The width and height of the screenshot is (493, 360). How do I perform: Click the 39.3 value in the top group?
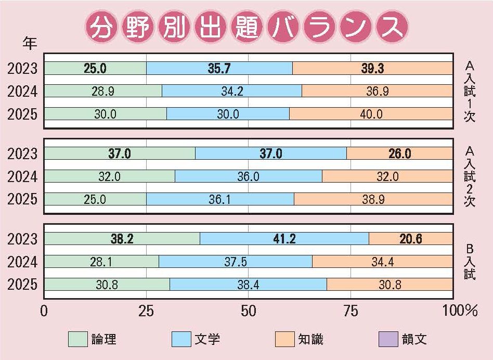(372, 69)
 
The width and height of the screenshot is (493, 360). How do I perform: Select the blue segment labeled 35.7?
(219, 69)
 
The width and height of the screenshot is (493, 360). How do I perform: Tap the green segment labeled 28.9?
(103, 91)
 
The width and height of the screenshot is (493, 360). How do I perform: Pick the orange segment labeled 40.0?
(371, 114)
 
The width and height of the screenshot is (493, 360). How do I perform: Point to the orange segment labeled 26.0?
(399, 153)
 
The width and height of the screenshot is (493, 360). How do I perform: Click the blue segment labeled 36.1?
(220, 199)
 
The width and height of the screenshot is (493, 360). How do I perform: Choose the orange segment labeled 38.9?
(373, 199)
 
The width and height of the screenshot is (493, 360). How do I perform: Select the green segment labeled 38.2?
(122, 239)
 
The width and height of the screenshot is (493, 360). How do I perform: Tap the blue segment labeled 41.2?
(284, 239)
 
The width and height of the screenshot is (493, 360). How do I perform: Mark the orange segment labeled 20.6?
(410, 239)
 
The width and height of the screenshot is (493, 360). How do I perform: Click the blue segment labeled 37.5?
(236, 262)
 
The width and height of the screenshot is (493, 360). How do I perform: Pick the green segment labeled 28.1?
(101, 262)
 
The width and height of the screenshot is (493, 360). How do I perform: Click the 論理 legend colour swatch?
(77, 339)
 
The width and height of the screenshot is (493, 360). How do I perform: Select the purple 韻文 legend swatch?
(388, 339)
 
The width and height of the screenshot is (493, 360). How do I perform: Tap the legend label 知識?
(310, 339)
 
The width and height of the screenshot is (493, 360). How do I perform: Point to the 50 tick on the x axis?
(249, 311)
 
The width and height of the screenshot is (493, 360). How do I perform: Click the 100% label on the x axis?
(459, 311)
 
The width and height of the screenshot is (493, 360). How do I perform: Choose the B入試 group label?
(470, 257)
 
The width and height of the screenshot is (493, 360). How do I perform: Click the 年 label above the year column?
(31, 43)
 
